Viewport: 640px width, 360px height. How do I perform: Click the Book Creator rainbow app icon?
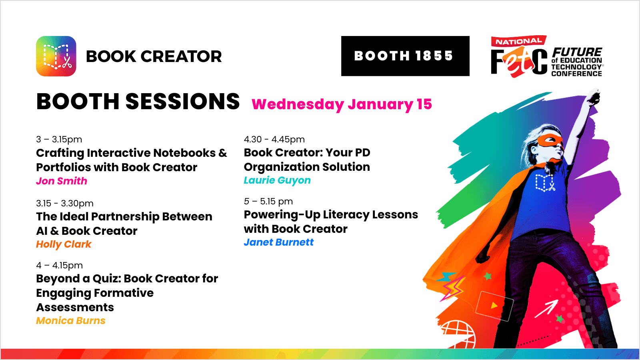pos(56,56)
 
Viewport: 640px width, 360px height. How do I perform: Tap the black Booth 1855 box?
pos(405,56)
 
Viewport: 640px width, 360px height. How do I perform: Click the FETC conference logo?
pos(547,56)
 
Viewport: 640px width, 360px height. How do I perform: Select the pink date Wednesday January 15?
pos(342,104)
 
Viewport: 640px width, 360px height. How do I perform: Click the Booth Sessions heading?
pos(138,102)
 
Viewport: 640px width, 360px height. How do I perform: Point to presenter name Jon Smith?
pos(62,181)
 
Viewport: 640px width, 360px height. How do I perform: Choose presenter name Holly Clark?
pos(64,244)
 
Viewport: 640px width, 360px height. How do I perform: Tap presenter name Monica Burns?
pos(70,320)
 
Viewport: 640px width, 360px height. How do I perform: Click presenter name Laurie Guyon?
pos(277,180)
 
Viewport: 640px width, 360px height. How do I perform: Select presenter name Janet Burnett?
pos(278,242)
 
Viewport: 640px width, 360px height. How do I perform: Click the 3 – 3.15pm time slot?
pos(59,140)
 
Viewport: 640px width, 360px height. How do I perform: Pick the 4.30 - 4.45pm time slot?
pos(274,140)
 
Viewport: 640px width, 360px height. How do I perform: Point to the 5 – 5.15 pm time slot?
pos(268,202)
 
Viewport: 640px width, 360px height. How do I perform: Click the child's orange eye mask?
pos(550,141)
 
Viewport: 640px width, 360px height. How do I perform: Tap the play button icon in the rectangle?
pos(494,306)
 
